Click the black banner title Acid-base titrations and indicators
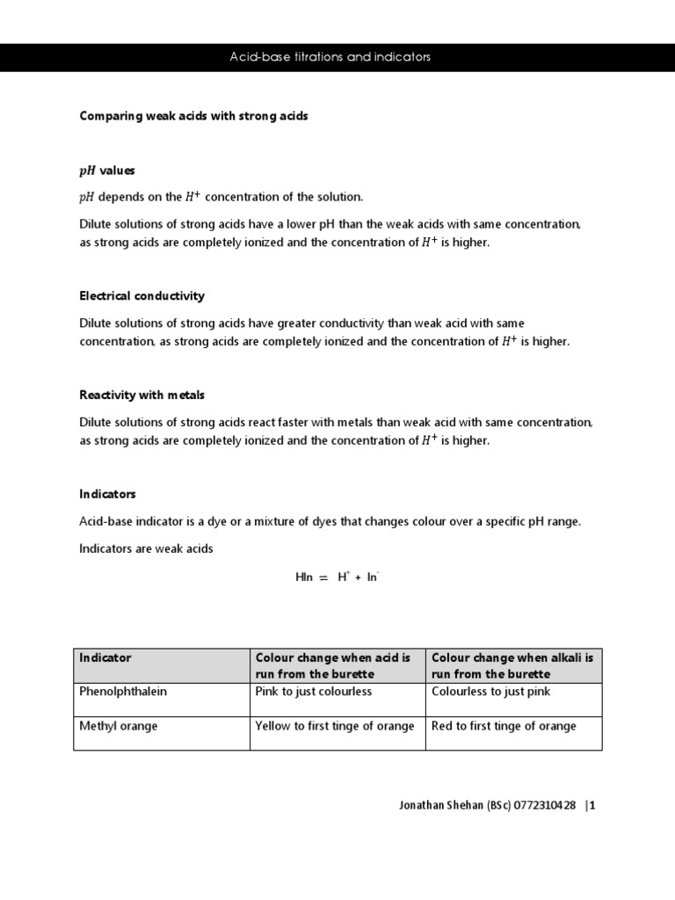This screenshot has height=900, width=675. (330, 57)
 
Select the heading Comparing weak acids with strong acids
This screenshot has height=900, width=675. (193, 116)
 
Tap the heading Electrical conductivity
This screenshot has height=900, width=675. (142, 296)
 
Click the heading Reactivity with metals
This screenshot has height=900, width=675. (142, 396)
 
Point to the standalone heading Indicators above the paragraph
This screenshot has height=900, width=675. (107, 494)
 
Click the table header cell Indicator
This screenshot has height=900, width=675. (105, 657)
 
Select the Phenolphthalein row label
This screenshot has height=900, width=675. (123, 692)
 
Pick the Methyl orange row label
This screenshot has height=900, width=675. (119, 726)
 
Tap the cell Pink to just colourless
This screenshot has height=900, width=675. (313, 692)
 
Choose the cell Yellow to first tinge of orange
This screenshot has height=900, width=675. (334, 726)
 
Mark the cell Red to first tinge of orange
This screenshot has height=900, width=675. (504, 726)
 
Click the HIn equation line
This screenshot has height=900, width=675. (337, 577)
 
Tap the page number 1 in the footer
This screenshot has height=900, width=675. (592, 804)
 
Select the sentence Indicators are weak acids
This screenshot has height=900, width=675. (146, 548)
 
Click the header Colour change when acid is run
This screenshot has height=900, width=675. (332, 665)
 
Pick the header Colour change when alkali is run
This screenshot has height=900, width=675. (512, 665)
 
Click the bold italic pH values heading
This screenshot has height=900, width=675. (107, 171)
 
